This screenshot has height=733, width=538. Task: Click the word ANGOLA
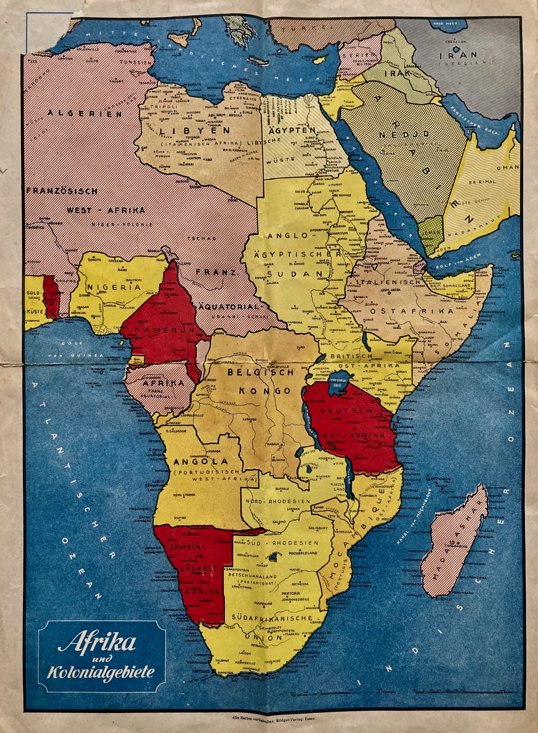201,462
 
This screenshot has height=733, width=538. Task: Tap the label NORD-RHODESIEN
278,501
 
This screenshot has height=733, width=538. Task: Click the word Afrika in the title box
97,643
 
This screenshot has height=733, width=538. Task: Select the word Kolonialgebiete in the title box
101,672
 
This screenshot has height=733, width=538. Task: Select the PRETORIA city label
290,593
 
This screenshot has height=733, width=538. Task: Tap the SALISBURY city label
317,528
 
